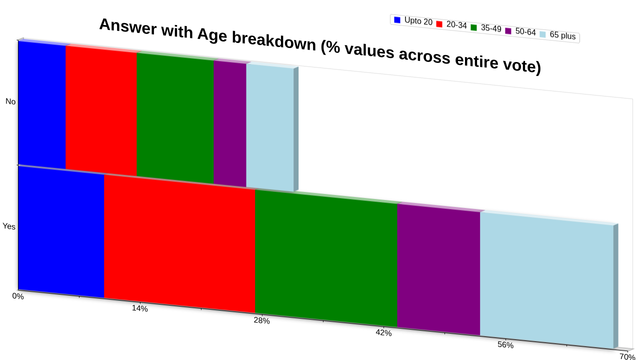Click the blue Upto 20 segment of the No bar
point(42,105)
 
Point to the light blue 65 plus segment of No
point(270,127)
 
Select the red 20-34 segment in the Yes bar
point(179,243)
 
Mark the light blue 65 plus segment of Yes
point(547,280)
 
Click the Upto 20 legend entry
point(413,21)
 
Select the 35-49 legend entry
point(486,28)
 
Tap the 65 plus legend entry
point(557,35)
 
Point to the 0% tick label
point(17,296)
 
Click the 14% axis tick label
point(139,308)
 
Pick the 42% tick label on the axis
point(383,333)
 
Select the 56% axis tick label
point(505,345)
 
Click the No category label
point(10,101)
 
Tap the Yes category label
point(9,226)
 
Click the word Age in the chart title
point(212,35)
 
